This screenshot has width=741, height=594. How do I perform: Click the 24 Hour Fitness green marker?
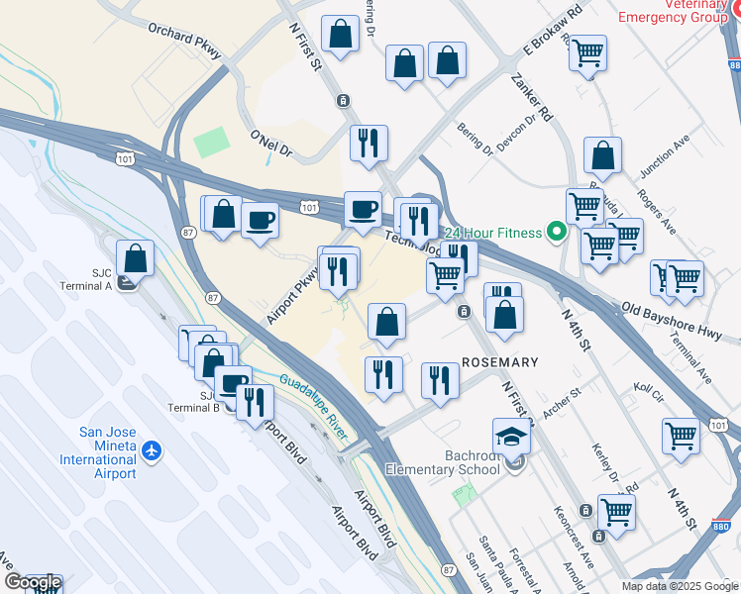[557, 233]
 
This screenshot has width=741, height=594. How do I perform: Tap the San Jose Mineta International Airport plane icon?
[151, 451]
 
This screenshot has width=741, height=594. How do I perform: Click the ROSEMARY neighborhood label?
[500, 362]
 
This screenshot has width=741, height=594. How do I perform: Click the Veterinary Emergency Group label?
[670, 12]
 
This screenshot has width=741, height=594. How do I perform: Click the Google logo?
[32, 583]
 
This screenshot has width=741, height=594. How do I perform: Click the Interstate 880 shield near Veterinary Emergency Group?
[733, 65]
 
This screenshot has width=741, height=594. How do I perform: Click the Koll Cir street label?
[649, 389]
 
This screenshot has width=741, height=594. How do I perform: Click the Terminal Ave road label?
[691, 361]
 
